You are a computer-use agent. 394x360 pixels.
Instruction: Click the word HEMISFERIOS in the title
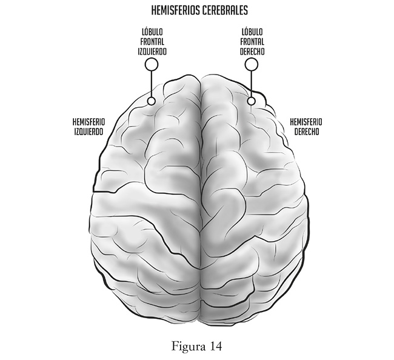174,11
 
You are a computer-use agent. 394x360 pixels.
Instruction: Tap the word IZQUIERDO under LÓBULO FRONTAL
152,52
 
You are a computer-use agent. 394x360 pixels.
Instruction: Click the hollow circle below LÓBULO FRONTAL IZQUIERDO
152,64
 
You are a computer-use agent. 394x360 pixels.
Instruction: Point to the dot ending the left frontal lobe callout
152,101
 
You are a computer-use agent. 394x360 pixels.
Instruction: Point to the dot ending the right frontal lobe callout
251,101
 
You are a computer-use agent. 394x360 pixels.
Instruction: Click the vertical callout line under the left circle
152,84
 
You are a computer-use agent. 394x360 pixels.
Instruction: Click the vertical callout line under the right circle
250,84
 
